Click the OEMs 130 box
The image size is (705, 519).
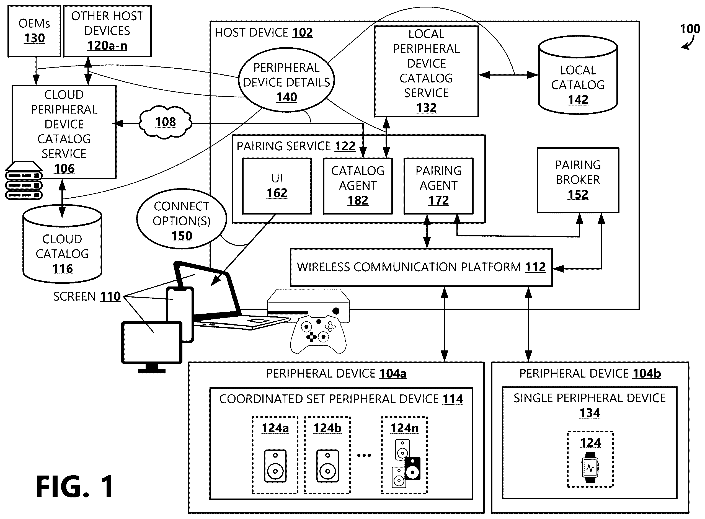[x=34, y=31]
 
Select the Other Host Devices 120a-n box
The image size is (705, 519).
[x=107, y=31]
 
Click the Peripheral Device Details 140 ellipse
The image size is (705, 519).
[x=286, y=80]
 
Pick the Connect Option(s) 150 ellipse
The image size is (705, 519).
[x=182, y=219]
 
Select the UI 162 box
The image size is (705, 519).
[x=277, y=186]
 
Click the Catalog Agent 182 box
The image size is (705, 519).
[x=358, y=186]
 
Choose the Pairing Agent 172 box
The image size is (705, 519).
[x=438, y=186]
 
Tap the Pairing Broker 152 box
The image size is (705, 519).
[x=578, y=180]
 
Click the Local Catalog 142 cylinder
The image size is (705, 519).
[x=578, y=75]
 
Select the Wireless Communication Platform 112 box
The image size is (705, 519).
[x=421, y=267]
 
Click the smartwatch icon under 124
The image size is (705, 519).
[x=590, y=467]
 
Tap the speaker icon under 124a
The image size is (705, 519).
[x=275, y=466]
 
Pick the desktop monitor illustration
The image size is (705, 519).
[x=152, y=347]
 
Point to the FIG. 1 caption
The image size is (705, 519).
[x=75, y=486]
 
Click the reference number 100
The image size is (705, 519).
[x=690, y=29]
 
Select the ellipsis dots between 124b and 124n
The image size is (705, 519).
[x=364, y=455]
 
